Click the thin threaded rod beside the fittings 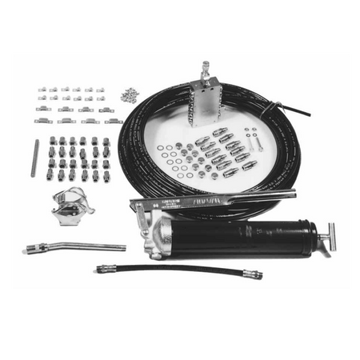(34, 158)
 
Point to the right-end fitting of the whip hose (253, 275)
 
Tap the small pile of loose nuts (129, 95)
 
